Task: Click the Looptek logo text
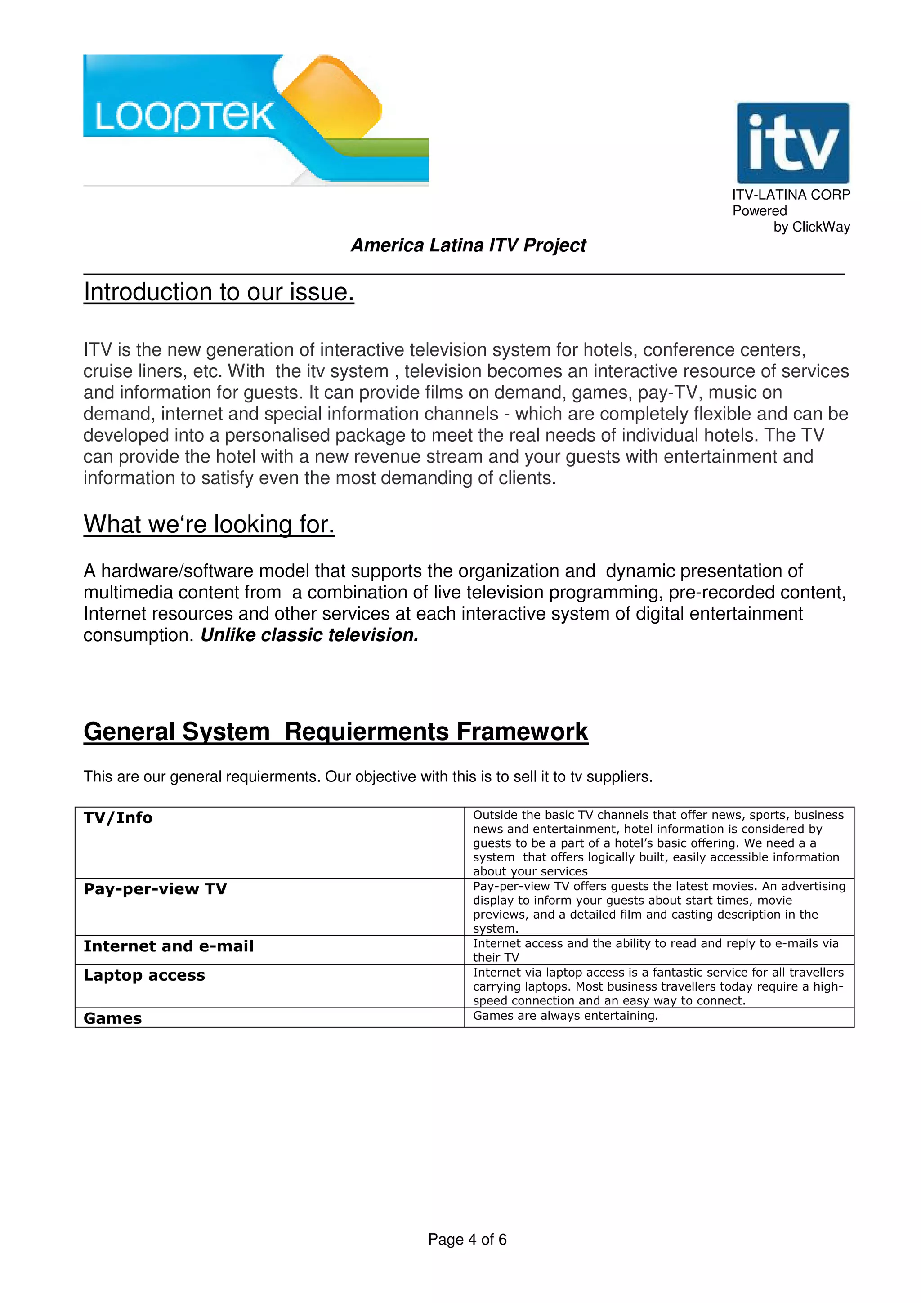185,117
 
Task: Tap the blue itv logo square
792,143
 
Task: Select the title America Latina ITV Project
468,245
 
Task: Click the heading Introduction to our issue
219,292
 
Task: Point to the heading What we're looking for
209,524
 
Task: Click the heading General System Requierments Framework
335,732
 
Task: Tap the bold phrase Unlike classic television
309,635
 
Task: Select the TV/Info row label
118,818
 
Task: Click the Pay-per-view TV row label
155,889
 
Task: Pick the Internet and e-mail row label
169,946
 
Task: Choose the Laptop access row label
144,975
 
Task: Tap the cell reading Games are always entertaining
565,1016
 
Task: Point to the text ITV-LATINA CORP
791,195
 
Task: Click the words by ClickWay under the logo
811,227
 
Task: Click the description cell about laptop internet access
658,986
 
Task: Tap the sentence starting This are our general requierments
368,777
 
